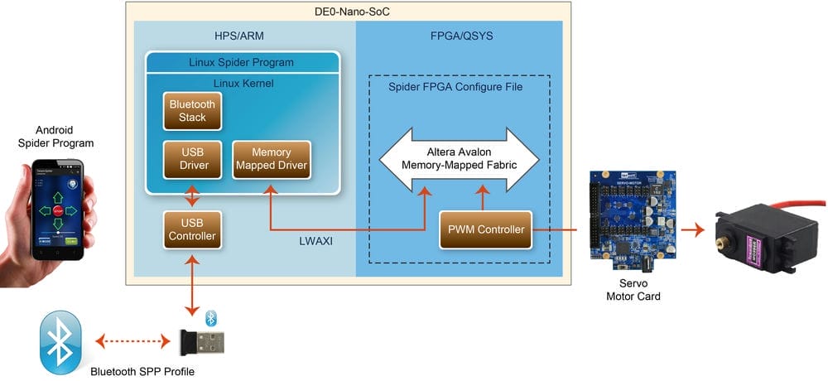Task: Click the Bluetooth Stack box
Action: coord(191,111)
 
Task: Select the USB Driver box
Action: coord(191,159)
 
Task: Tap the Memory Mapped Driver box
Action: coord(271,159)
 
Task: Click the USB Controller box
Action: coord(191,229)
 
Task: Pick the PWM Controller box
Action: coord(486,229)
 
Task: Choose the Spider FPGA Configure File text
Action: coord(455,87)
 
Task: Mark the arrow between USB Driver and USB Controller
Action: coord(191,196)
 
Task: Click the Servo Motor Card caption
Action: coord(633,290)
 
